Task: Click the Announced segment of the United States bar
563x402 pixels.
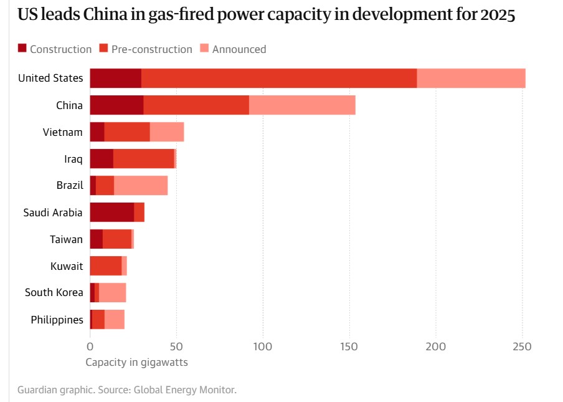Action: (x=471, y=79)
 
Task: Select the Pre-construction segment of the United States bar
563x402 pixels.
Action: (x=279, y=79)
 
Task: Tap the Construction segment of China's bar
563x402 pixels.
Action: (x=116, y=105)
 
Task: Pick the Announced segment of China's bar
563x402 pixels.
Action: (x=302, y=105)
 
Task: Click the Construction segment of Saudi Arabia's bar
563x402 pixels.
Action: (x=112, y=213)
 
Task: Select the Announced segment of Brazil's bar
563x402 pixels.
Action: (x=141, y=186)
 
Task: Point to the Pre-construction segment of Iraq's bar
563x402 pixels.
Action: (x=143, y=159)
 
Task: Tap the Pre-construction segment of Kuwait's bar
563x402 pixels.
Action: (x=106, y=266)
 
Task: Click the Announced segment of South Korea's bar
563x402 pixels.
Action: (x=113, y=293)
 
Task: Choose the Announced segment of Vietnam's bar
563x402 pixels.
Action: (x=167, y=132)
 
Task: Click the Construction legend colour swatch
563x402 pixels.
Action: (x=22, y=49)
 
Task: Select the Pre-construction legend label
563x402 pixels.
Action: (x=152, y=49)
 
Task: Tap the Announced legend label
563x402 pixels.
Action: (x=239, y=49)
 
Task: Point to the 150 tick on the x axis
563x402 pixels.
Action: (x=349, y=345)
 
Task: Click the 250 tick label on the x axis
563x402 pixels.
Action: (x=523, y=345)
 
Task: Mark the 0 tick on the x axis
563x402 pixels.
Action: (x=90, y=345)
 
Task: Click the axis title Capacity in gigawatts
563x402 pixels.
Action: (x=136, y=362)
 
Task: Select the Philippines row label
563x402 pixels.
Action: (x=57, y=320)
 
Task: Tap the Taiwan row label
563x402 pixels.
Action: (x=66, y=239)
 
